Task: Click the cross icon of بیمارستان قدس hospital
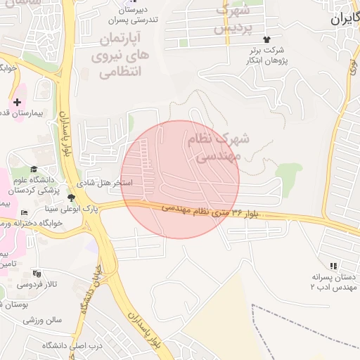[x=18, y=103]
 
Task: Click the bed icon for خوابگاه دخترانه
[x=25, y=212]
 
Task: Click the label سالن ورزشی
[x=43, y=320]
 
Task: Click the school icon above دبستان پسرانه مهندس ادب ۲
[x=333, y=265]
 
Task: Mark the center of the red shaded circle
[x=180, y=179]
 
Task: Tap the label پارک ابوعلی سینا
[x=105, y=209]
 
